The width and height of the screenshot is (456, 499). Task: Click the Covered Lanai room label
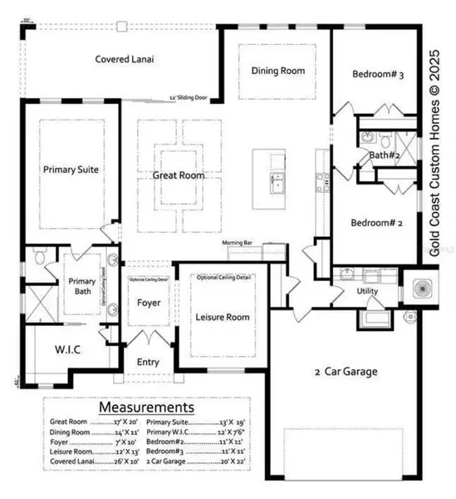(125, 59)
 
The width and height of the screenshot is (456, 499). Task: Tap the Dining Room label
(277, 71)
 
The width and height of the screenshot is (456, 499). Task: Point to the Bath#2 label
(387, 155)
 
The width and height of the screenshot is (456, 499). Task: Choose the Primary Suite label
(71, 169)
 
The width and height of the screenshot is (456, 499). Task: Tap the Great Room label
(179, 175)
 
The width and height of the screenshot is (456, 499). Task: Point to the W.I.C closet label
(67, 349)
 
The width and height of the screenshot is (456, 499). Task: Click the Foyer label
(149, 303)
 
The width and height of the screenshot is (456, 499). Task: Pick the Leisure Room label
(222, 317)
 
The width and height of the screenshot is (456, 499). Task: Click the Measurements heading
(146, 408)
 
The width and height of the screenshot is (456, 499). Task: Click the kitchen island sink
(270, 179)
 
